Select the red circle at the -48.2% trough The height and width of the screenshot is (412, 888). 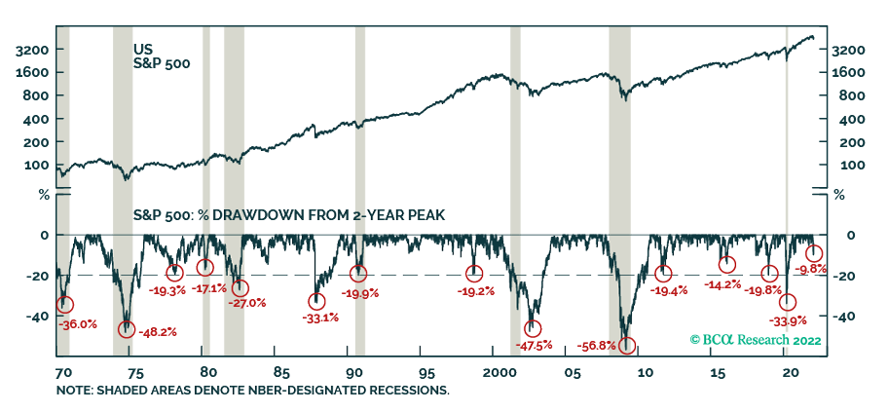(x=127, y=329)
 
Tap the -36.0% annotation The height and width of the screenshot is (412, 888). (x=79, y=324)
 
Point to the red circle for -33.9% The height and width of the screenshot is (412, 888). (x=788, y=303)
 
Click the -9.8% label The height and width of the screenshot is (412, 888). (x=811, y=269)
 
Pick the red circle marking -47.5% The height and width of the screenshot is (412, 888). (x=533, y=329)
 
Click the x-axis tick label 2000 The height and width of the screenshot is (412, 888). (x=498, y=373)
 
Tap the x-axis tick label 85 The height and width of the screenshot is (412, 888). (x=279, y=373)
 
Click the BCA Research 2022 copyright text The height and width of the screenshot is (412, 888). (x=756, y=340)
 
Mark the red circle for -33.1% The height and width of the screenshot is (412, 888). (x=316, y=302)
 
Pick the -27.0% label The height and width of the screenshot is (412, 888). (x=246, y=303)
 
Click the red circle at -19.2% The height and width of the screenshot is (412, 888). (x=474, y=274)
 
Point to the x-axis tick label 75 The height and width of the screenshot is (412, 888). (x=135, y=373)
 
